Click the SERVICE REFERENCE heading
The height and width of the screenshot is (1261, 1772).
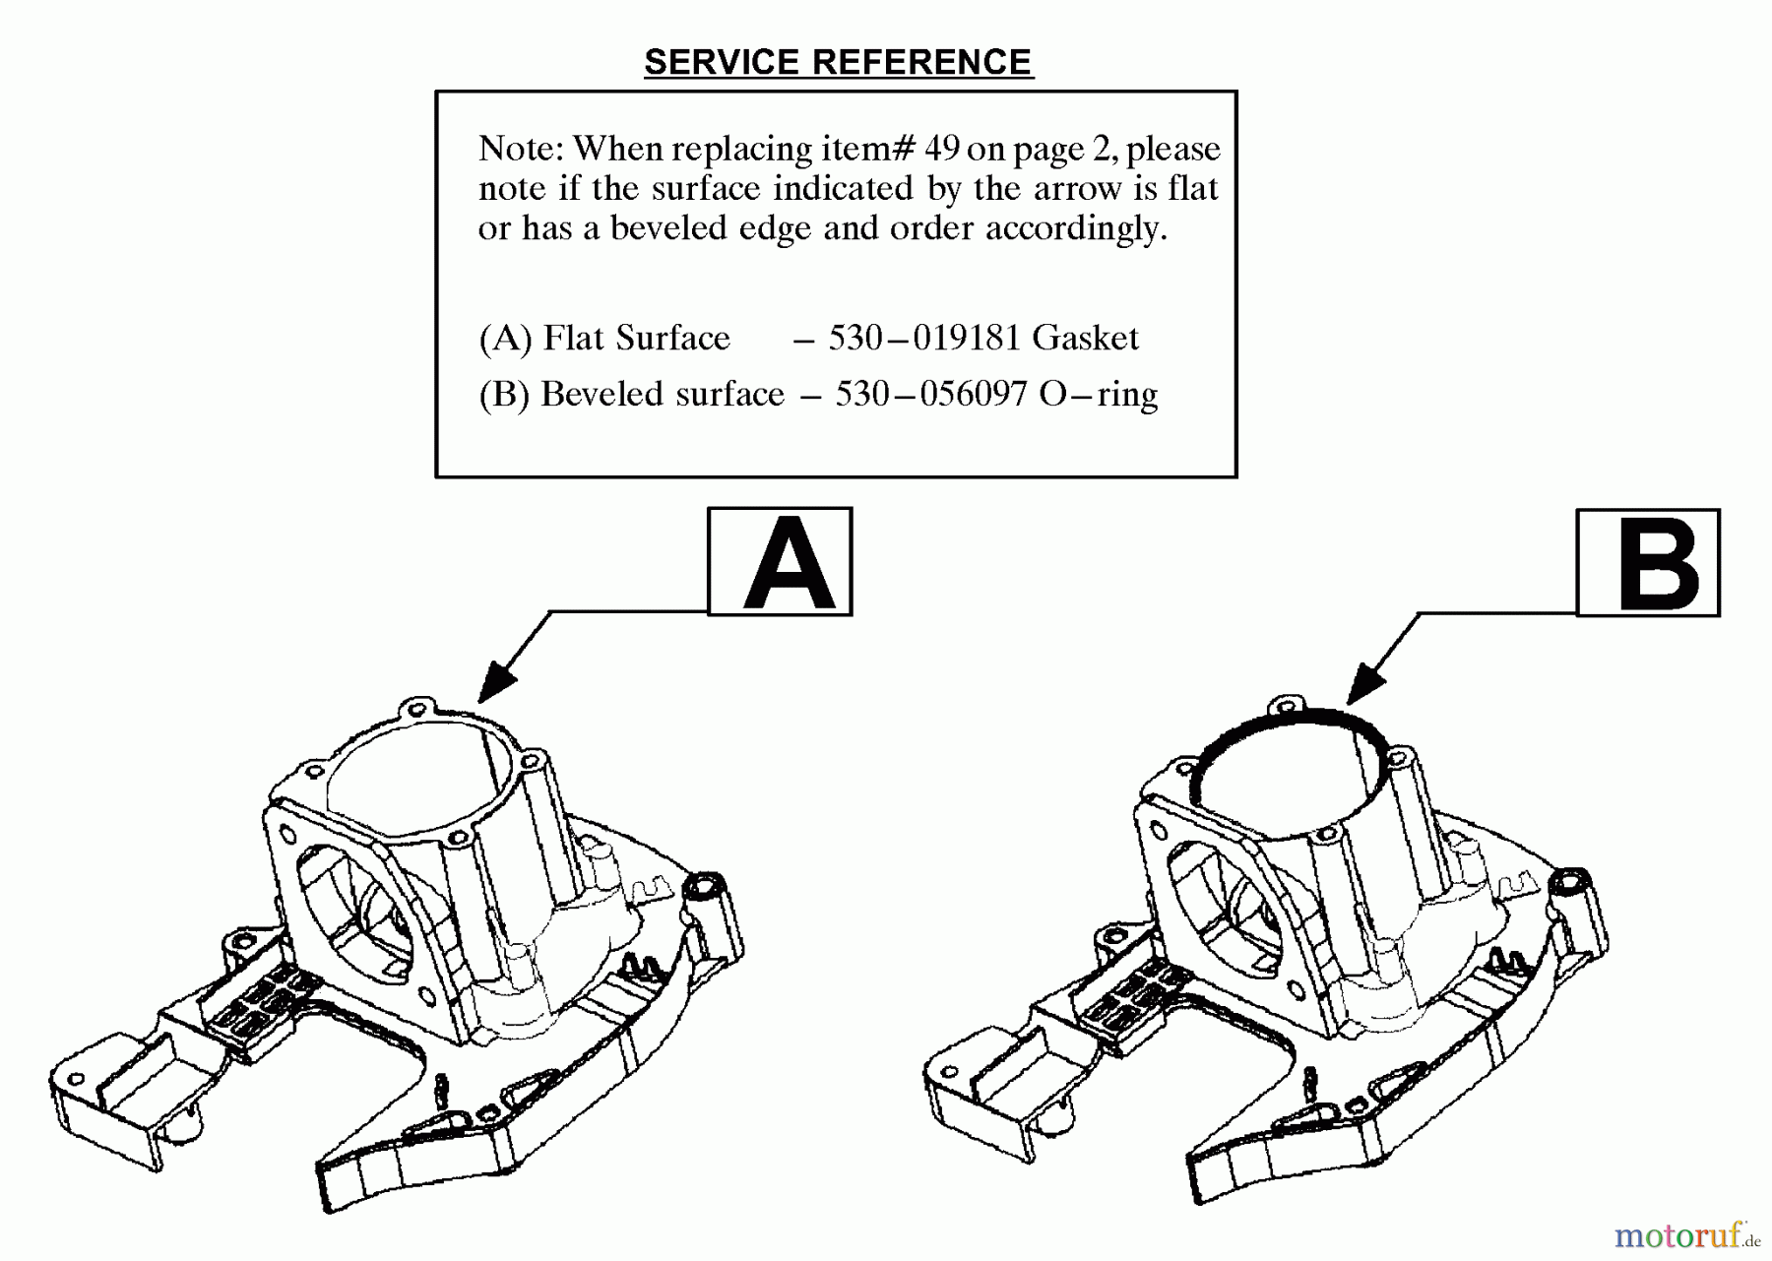pos(838,62)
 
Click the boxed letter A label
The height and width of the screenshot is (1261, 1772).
pos(780,562)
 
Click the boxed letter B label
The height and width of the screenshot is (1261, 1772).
pos(1648,563)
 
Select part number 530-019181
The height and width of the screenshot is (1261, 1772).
pos(923,338)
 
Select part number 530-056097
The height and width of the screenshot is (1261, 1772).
pos(930,394)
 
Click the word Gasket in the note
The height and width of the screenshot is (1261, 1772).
pos(1085,338)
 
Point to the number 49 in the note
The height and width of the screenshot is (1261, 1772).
pos(941,149)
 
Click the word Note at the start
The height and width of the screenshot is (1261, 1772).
pos(519,149)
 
